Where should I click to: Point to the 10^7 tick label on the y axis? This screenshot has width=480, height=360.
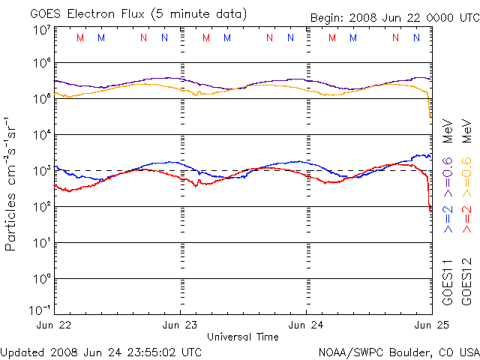pyautogui.click(x=41, y=31)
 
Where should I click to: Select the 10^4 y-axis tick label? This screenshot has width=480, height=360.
pyautogui.click(x=41, y=135)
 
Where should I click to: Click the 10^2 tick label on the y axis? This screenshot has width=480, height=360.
pyautogui.click(x=41, y=207)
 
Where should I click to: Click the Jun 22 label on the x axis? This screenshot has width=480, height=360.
pyautogui.click(x=55, y=325)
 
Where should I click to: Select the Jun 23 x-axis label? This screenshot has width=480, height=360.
pyautogui.click(x=181, y=325)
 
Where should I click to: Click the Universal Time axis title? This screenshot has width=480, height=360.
pyautogui.click(x=243, y=337)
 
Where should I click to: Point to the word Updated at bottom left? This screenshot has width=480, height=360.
pyautogui.click(x=23, y=352)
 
